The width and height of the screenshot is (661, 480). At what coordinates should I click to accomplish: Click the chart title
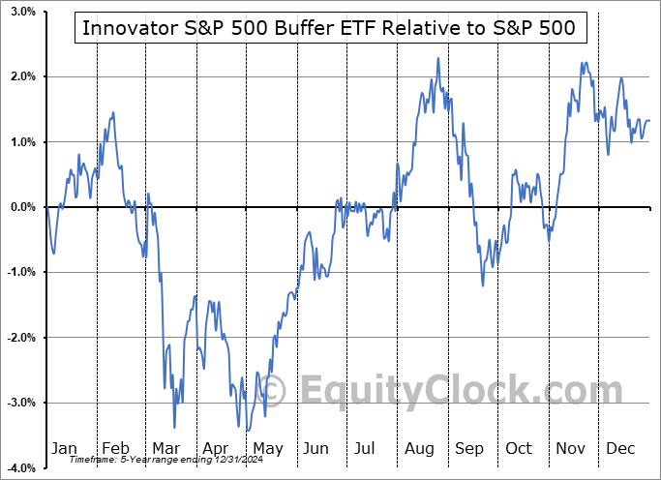pyautogui.click(x=328, y=28)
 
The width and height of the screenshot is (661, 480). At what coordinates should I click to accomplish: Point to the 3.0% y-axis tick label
pyautogui.click(x=20, y=13)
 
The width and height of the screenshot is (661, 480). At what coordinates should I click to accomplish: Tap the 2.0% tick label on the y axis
pyautogui.click(x=20, y=76)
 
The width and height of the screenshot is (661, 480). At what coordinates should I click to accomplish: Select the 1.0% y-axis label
pyautogui.click(x=20, y=142)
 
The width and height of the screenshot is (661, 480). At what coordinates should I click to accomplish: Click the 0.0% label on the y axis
pyautogui.click(x=20, y=207)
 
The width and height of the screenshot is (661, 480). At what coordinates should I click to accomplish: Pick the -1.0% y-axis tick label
pyautogui.click(x=18, y=272)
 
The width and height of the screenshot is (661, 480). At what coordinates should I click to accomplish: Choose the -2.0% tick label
pyautogui.click(x=18, y=338)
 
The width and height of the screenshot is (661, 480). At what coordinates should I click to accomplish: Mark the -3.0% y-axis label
pyautogui.click(x=18, y=403)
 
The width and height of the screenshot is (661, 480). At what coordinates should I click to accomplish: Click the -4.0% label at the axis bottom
pyautogui.click(x=18, y=467)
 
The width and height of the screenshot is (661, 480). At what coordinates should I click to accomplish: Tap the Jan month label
pyautogui.click(x=64, y=449)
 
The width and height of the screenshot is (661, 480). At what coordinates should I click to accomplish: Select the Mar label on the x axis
pyautogui.click(x=166, y=449)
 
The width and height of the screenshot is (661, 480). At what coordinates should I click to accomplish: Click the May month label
pyautogui.click(x=268, y=449)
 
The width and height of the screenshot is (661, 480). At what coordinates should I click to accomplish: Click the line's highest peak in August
pyautogui.click(x=438, y=58)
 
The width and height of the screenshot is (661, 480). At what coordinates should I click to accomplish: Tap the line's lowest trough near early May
pyautogui.click(x=248, y=431)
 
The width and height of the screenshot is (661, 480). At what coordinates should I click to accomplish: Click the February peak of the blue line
pyautogui.click(x=113, y=113)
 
